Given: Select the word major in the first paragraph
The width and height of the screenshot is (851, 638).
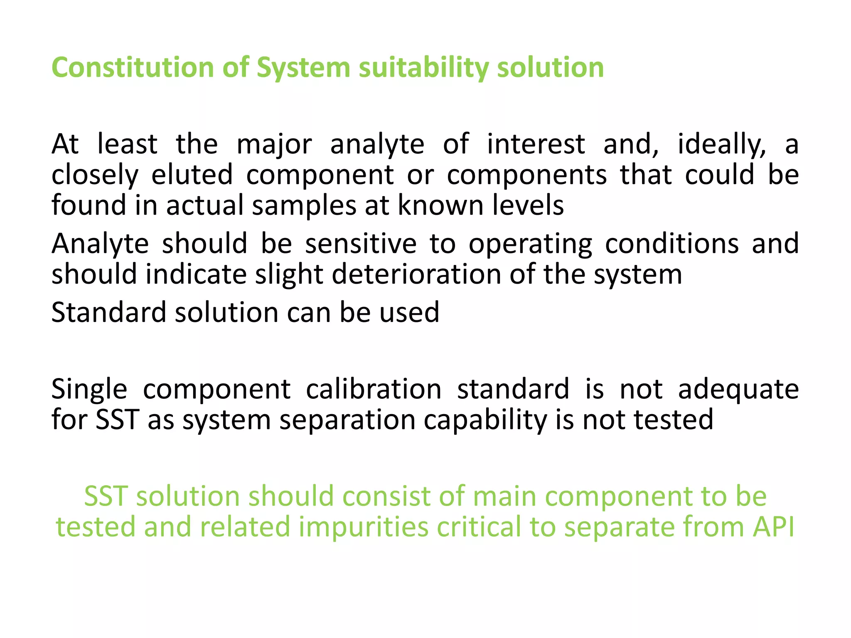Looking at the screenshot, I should (x=274, y=144).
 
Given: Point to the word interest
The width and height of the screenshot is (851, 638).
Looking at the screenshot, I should (x=536, y=144).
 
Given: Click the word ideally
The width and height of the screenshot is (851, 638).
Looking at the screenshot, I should (x=722, y=144).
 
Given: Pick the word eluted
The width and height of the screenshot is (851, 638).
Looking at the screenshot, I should (x=192, y=174).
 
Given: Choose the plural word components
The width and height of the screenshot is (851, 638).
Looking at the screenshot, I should (x=527, y=174).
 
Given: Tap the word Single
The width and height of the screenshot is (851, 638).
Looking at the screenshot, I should (x=89, y=389).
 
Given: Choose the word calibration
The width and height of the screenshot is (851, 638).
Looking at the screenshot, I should (x=374, y=389).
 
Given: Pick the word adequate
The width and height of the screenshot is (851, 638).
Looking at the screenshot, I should (x=738, y=389).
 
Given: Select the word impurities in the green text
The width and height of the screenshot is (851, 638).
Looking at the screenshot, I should (x=363, y=527).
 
